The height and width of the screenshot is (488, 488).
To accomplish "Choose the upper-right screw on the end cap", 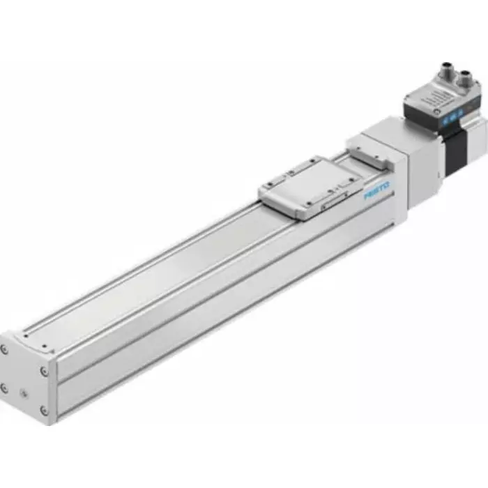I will tap(44, 372).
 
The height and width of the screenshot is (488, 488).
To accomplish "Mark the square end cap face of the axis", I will tap(25, 380).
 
